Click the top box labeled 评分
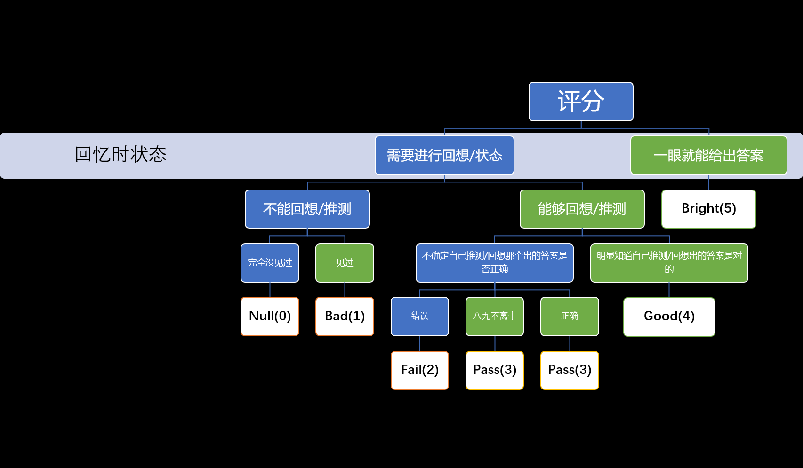pos(581,102)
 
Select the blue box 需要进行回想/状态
pos(444,155)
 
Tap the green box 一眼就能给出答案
pos(708,155)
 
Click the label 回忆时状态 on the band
pos(120,154)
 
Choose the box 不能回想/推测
pos(307,209)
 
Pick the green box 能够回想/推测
pos(582,209)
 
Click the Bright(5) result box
pos(708,209)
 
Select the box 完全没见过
pos(270,262)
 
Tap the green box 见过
pos(345,262)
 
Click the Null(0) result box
pos(270,316)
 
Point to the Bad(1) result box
pos(345,316)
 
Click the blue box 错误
pos(419,316)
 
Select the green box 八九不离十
pos(494,316)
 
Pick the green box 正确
pos(570,316)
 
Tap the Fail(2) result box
pos(419,370)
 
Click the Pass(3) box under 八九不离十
pos(494,370)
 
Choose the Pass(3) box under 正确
pos(570,370)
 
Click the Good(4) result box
pos(669,317)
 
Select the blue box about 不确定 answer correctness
pos(494,262)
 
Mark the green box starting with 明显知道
pos(669,262)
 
